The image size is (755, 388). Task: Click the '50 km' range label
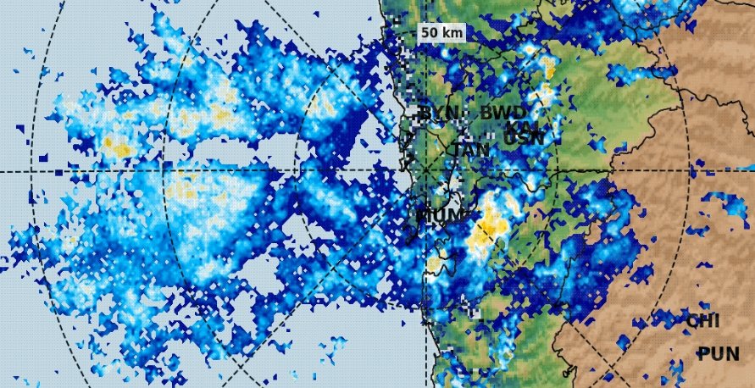point(441,32)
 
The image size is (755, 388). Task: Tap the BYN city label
point(439,113)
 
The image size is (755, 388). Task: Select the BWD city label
point(503,113)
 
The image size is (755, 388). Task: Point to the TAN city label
point(469,150)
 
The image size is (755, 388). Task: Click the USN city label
point(524,137)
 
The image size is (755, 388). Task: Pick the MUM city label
point(441,215)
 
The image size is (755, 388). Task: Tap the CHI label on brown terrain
point(702,321)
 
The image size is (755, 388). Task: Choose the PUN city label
point(718,354)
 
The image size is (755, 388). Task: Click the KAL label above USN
point(527,125)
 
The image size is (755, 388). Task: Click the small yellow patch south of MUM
point(433,264)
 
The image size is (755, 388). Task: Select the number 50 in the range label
point(429,32)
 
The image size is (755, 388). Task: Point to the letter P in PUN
point(704,354)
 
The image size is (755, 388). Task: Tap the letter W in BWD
point(503,113)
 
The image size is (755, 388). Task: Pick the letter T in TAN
point(457,150)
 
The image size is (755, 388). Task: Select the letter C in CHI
point(691,321)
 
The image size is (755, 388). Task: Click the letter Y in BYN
point(439,113)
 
